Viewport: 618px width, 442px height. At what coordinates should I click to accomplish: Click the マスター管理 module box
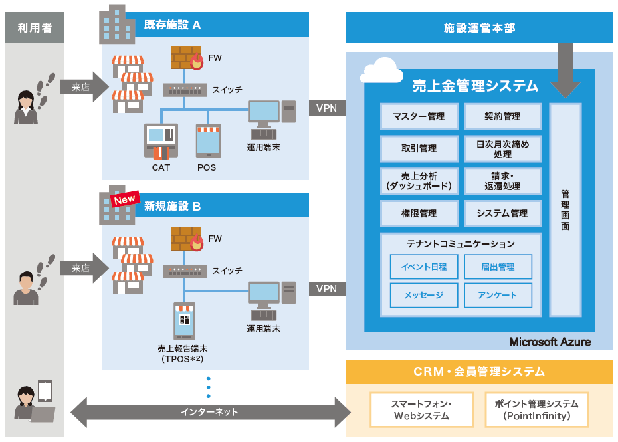click(x=419, y=116)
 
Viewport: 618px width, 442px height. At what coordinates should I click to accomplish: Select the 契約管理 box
click(x=502, y=116)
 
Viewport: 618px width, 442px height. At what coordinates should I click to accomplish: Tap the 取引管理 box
click(x=419, y=149)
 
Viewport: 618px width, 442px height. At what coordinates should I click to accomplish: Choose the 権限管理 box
click(x=419, y=213)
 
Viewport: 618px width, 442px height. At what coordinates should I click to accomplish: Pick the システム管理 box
click(x=502, y=213)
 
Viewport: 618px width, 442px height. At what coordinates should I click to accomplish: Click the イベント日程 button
click(x=424, y=267)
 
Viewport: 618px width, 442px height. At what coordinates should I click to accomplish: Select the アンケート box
click(x=498, y=295)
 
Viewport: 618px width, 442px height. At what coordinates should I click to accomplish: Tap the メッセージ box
click(x=424, y=295)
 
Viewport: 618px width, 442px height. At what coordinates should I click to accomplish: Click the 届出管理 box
click(x=498, y=267)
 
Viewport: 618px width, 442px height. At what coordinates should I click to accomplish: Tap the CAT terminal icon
click(x=161, y=141)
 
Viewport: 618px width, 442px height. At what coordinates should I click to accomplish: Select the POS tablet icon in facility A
click(x=207, y=140)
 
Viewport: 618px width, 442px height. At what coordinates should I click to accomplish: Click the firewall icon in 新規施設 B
click(x=186, y=239)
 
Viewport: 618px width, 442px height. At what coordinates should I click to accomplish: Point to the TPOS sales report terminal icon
click(x=184, y=321)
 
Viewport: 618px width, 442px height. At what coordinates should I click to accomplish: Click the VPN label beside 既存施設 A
click(x=326, y=107)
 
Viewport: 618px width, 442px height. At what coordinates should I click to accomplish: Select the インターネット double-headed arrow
click(x=210, y=412)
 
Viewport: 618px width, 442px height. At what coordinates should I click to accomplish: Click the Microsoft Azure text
click(x=550, y=342)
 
